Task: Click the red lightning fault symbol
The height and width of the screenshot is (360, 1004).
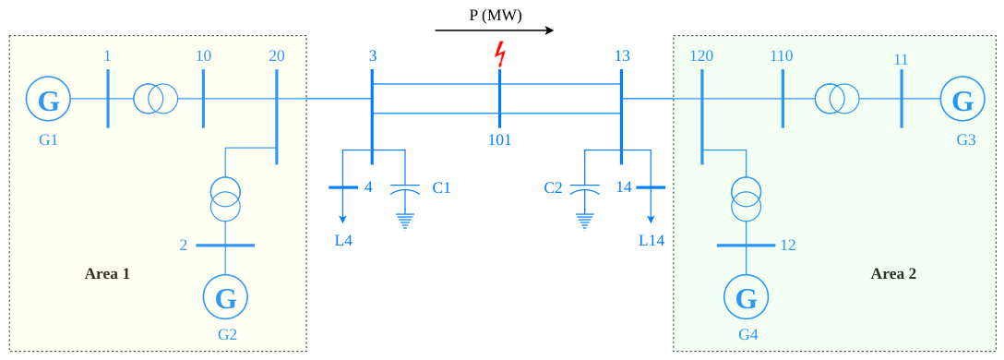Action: (x=499, y=55)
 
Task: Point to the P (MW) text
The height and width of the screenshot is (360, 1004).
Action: (x=496, y=16)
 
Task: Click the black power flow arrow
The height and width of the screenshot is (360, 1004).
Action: (x=495, y=30)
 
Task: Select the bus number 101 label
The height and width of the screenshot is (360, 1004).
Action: (x=499, y=139)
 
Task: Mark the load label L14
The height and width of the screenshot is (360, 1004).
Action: (x=651, y=241)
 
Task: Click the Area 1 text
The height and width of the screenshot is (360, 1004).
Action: (x=107, y=274)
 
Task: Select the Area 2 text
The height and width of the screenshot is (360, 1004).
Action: (x=893, y=274)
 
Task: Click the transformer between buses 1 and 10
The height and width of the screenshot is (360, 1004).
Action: (x=156, y=100)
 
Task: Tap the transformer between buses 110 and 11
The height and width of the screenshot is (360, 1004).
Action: (x=837, y=100)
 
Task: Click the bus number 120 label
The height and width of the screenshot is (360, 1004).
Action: (x=701, y=56)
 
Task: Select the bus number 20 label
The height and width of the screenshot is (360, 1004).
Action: (x=277, y=56)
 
